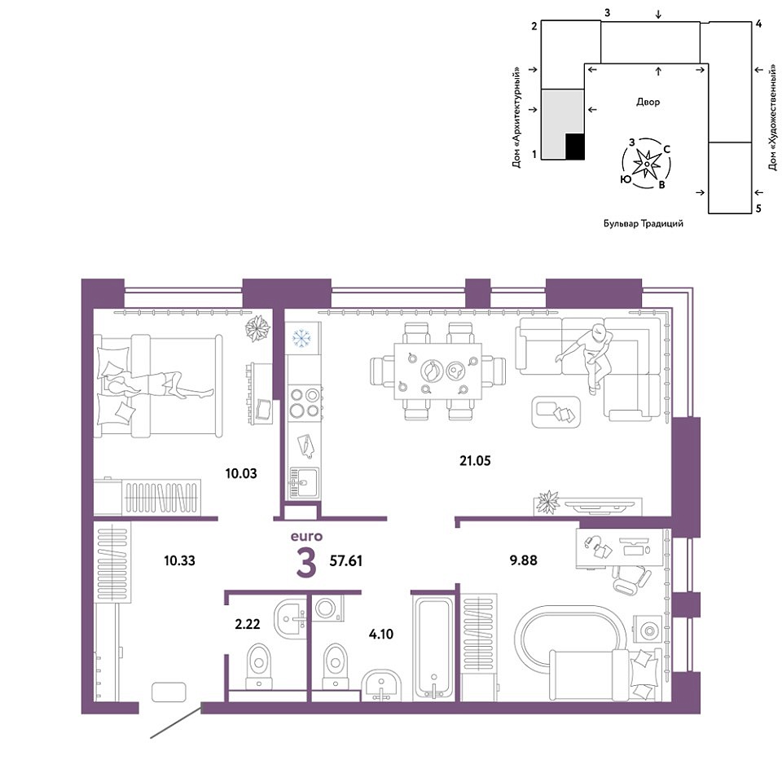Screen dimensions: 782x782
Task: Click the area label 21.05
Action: click(x=475, y=461)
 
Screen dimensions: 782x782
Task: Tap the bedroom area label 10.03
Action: click(x=241, y=473)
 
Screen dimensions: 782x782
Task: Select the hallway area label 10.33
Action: click(x=179, y=560)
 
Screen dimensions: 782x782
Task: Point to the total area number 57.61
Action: click(x=345, y=561)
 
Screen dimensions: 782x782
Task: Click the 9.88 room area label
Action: click(x=523, y=560)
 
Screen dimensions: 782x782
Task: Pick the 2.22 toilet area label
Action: click(x=248, y=624)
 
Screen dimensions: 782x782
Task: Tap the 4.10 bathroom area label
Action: click(x=381, y=635)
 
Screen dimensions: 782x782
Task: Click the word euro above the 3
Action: click(x=307, y=537)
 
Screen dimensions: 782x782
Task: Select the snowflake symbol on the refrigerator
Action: click(x=301, y=337)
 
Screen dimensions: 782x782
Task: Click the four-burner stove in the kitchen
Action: click(x=305, y=403)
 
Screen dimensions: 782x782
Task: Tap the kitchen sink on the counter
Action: click(x=304, y=482)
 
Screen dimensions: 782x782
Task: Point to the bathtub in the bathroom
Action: click(x=433, y=648)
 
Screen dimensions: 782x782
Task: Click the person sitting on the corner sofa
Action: click(x=588, y=358)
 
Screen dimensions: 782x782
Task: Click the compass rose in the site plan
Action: click(x=646, y=164)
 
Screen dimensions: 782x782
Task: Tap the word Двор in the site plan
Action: click(x=648, y=103)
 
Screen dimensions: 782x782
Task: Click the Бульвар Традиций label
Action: click(x=644, y=224)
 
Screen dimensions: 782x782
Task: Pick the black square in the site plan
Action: click(x=574, y=147)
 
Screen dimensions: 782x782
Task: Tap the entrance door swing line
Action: click(x=176, y=721)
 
